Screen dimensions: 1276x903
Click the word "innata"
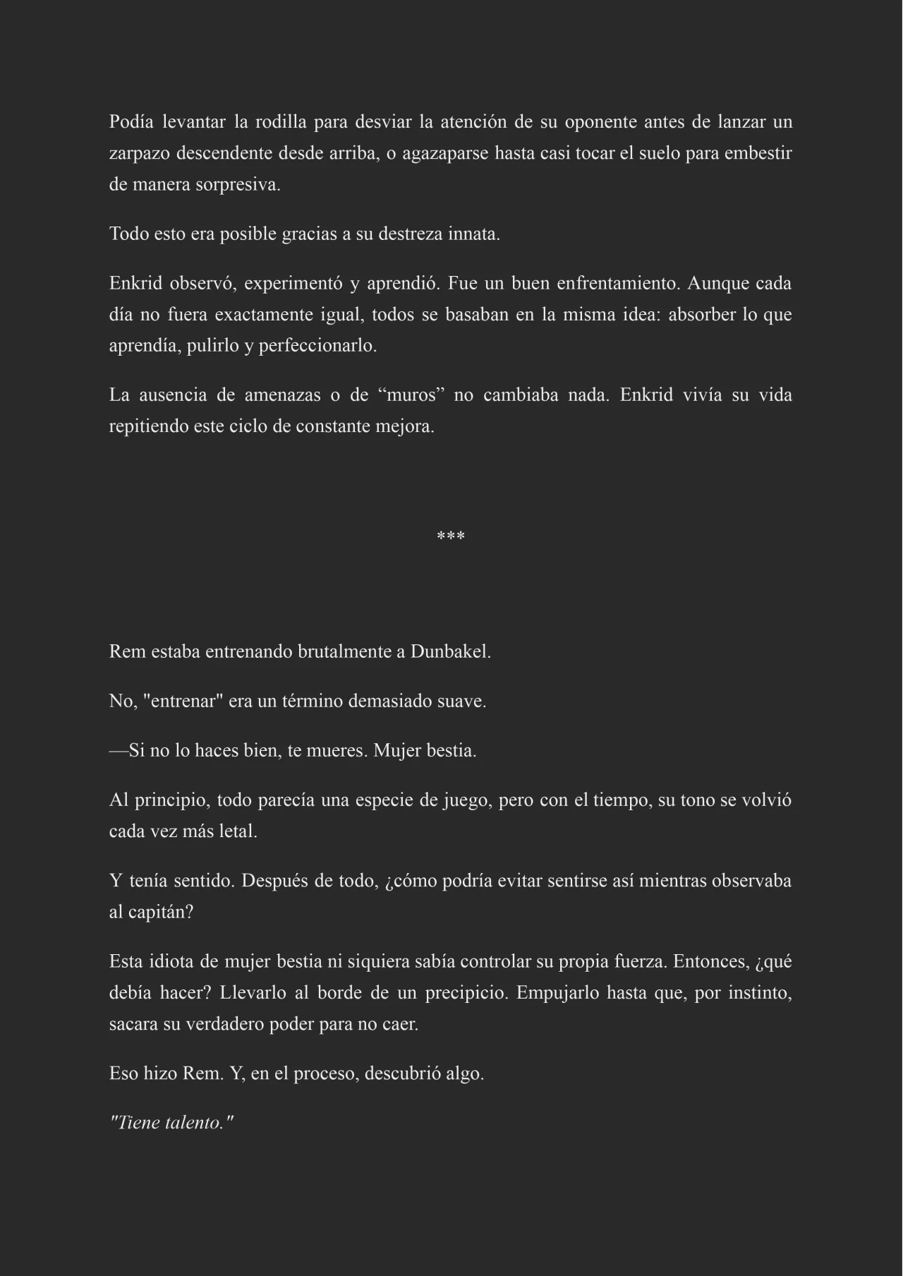[473, 234]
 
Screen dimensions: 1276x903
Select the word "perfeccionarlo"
[317, 347]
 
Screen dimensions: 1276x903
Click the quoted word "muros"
[412, 395]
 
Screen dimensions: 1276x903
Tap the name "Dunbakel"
[450, 652]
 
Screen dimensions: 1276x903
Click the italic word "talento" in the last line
[194, 1123]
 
